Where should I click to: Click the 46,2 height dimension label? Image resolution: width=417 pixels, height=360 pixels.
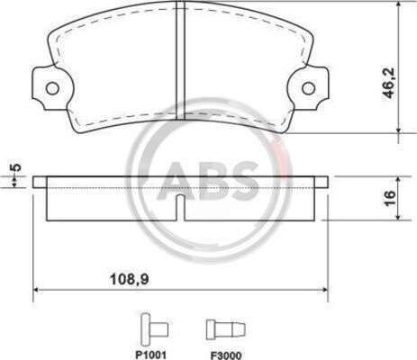(389, 83)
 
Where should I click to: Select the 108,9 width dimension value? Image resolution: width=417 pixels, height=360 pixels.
(130, 280)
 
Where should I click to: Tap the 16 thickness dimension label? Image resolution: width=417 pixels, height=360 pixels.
(390, 198)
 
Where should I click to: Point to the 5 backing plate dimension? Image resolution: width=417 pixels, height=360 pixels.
(17, 167)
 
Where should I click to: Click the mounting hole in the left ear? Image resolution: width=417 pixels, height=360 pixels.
(53, 88)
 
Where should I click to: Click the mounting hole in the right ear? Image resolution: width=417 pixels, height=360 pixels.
(308, 88)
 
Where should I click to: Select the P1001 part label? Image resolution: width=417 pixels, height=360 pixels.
(150, 355)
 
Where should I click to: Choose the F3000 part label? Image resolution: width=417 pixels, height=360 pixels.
(226, 355)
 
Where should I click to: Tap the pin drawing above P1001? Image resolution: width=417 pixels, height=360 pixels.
(154, 329)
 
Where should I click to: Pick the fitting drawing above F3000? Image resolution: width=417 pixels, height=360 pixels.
(226, 329)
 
